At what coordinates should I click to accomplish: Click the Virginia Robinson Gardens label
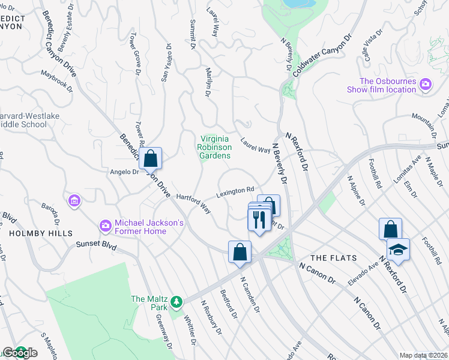(x=214, y=147)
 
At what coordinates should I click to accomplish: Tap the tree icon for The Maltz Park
(x=176, y=300)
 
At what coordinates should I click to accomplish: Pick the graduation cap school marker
(x=397, y=250)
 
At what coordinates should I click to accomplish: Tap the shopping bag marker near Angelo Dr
(x=151, y=160)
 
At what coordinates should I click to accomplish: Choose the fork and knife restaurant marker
(x=259, y=220)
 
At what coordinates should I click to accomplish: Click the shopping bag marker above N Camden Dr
(x=240, y=252)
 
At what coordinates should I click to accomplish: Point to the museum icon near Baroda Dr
(x=74, y=200)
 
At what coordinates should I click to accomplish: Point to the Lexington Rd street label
(x=235, y=193)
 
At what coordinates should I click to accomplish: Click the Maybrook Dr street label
(x=56, y=82)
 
